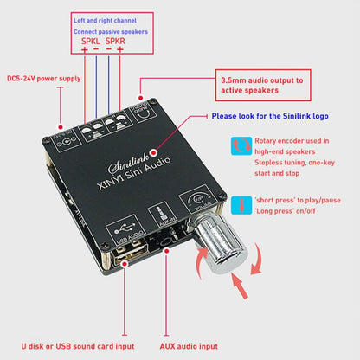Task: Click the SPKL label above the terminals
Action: point(90,40)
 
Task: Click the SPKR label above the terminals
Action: point(115,40)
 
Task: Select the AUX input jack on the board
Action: point(164,248)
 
